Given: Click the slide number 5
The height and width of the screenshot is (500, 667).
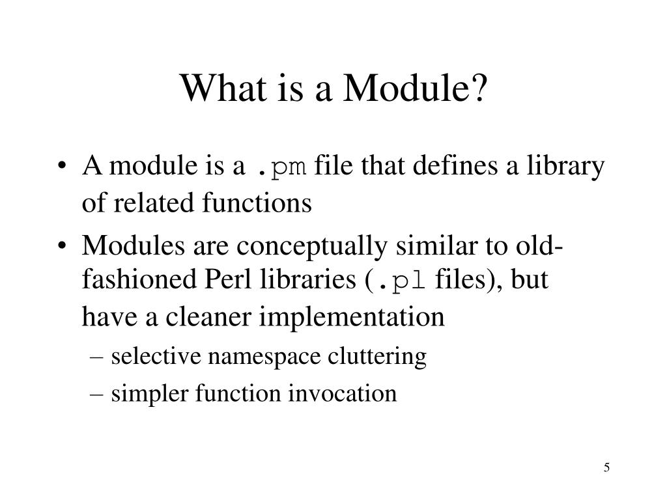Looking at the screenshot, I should point(606,468).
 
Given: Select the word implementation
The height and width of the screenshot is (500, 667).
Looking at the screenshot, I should point(352,317).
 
